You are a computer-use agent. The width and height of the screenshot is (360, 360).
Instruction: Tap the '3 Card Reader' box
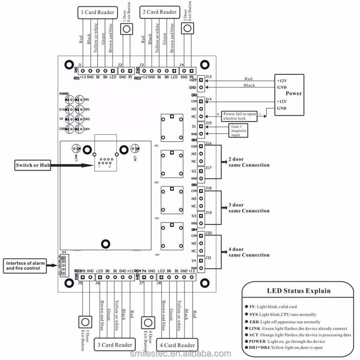point(115,345)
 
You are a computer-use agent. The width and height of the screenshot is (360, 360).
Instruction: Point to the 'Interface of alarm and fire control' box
point(25,265)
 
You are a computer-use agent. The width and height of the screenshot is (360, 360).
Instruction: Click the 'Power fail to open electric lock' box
point(240,116)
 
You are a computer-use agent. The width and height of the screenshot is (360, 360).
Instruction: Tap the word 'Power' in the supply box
point(293,93)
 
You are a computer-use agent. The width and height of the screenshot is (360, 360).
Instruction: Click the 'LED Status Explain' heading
point(298,291)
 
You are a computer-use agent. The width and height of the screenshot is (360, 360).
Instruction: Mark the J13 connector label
point(208,77)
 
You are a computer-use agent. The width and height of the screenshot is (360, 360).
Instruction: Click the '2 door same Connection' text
point(249,162)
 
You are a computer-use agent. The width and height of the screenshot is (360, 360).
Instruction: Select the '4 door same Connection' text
point(249,252)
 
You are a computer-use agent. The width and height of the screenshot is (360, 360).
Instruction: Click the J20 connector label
point(209,233)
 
